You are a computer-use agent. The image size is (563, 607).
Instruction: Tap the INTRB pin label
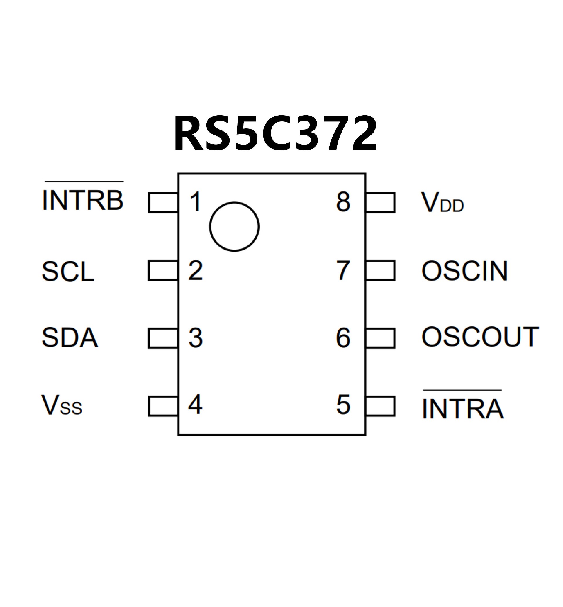point(83,200)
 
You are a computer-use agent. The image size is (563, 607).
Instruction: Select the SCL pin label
point(68,271)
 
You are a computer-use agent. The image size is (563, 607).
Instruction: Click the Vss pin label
point(62,406)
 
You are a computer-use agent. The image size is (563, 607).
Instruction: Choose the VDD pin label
point(442,202)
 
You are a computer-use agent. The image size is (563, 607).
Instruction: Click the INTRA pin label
point(463,409)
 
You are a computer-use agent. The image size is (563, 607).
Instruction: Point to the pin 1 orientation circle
point(234,226)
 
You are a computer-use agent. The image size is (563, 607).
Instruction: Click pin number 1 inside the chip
point(195,201)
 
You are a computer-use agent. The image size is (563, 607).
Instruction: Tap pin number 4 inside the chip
point(195,405)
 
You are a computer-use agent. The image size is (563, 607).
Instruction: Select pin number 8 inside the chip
point(343,201)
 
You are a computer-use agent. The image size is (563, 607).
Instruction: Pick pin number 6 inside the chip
point(343,338)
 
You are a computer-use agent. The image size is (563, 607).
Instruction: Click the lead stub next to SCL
point(163,271)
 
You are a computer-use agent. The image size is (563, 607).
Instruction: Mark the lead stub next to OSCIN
point(380,271)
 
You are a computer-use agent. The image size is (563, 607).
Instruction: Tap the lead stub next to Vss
point(163,406)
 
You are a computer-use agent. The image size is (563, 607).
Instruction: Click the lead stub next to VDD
point(380,203)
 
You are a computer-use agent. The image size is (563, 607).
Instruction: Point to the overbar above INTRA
point(462,390)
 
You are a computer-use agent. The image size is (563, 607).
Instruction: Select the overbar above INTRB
point(84,182)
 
